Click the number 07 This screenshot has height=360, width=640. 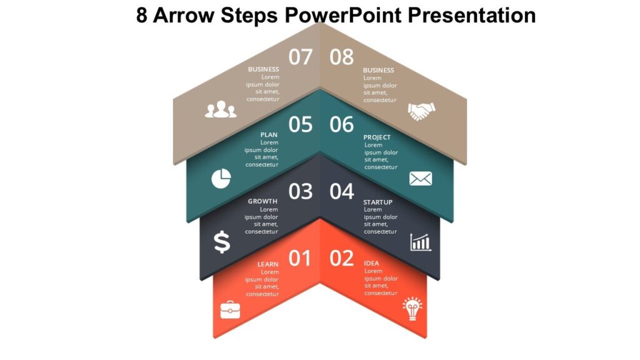pyautogui.click(x=300, y=57)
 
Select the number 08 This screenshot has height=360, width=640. pyautogui.click(x=342, y=57)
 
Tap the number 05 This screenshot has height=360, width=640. pyautogui.click(x=300, y=124)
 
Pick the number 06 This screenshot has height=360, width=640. pyautogui.click(x=342, y=124)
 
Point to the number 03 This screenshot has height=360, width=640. pyautogui.click(x=300, y=191)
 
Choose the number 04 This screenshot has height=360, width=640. pyautogui.click(x=342, y=191)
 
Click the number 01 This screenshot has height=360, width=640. pyautogui.click(x=299, y=258)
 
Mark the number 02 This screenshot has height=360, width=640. pyautogui.click(x=342, y=258)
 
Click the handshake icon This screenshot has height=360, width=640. pyautogui.click(x=421, y=111)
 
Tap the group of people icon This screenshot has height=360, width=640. pyautogui.click(x=221, y=111)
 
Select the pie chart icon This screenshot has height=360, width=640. pyautogui.click(x=221, y=178)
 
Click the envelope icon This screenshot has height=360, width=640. pyautogui.click(x=421, y=179)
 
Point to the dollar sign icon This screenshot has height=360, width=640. pyautogui.click(x=222, y=242)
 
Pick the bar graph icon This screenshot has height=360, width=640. pyautogui.click(x=421, y=242)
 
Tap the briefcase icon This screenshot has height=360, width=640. pyautogui.click(x=230, y=309)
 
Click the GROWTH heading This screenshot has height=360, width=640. pyautogui.click(x=262, y=201)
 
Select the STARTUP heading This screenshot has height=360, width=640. pyautogui.click(x=378, y=202)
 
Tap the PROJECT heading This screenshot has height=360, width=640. pyautogui.click(x=377, y=137)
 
